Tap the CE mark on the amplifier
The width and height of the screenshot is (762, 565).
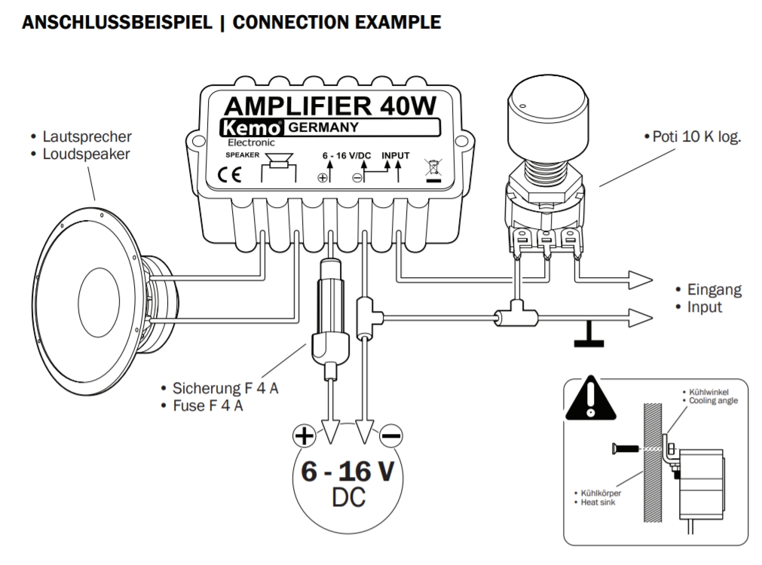pos(230,176)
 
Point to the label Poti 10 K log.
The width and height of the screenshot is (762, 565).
pos(692,137)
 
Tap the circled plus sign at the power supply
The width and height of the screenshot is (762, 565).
pos(303,435)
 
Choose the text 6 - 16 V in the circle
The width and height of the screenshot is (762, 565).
pos(347,471)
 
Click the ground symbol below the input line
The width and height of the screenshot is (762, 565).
pos(589,339)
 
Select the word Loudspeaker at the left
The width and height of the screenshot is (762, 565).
pos(87,154)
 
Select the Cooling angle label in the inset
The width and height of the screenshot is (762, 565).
pos(713,401)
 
